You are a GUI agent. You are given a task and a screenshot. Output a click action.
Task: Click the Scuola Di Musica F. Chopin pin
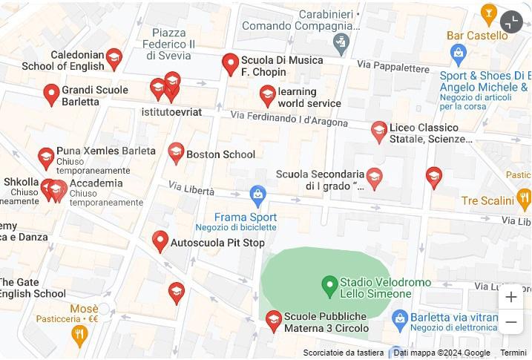pyautogui.click(x=230, y=64)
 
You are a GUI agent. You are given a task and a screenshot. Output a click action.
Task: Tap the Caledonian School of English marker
pyautogui.click(x=114, y=58)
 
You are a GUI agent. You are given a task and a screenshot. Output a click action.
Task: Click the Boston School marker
pyautogui.click(x=176, y=153)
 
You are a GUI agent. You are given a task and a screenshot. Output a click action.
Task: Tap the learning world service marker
pyautogui.click(x=267, y=95)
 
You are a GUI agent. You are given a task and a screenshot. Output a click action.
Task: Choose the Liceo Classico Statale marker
pyautogui.click(x=379, y=132)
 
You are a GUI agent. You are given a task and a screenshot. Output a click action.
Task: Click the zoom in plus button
pyautogui.click(x=510, y=298)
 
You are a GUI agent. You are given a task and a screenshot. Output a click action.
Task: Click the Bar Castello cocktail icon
pyautogui.click(x=488, y=13)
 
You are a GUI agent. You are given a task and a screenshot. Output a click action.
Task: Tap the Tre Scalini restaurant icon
pyautogui.click(x=524, y=198)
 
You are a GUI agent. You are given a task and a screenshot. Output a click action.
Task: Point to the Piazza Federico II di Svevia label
pyautogui.click(x=174, y=44)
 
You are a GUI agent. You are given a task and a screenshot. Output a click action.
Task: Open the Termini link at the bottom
pyautogui.click(x=513, y=353)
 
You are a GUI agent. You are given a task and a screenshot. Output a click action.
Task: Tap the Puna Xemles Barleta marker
pyautogui.click(x=46, y=158)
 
